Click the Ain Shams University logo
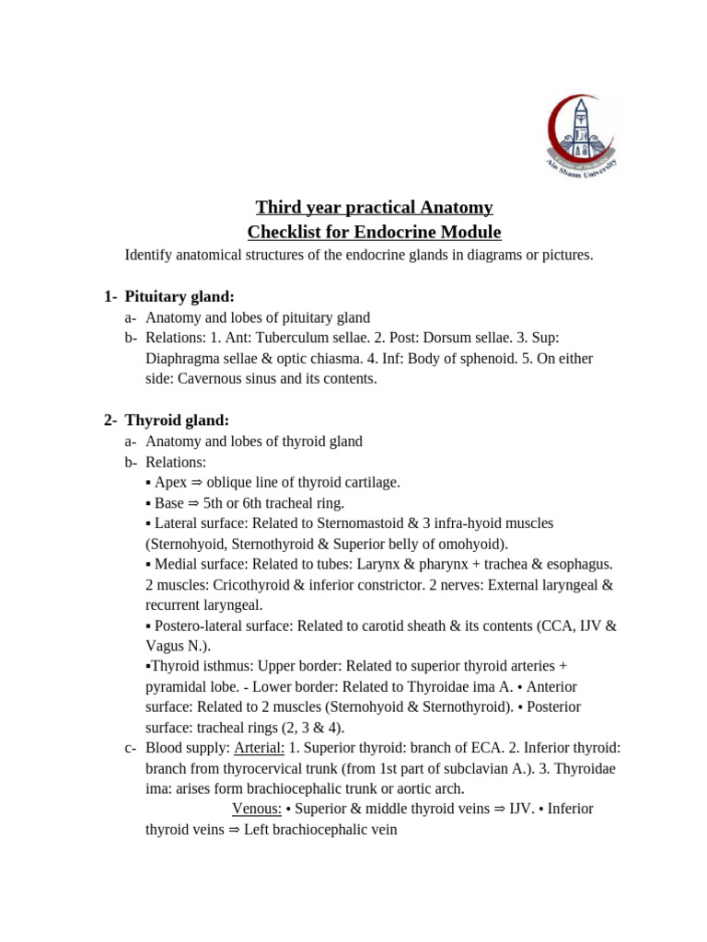click(582, 137)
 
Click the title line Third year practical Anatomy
click(374, 207)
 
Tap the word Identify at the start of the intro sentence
click(148, 255)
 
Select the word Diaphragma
click(180, 358)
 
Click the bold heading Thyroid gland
click(176, 419)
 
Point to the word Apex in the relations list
click(170, 482)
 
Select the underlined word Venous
click(256, 809)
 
